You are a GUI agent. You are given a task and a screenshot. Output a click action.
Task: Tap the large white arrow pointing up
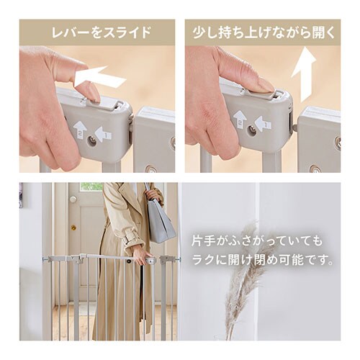tap(305, 76)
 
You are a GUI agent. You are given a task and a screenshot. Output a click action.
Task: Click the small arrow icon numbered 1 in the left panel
tap(104, 134)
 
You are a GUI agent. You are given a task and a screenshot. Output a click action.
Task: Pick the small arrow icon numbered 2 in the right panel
tap(240, 117)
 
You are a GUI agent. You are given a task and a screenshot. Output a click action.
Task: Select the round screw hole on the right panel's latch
tap(252, 131)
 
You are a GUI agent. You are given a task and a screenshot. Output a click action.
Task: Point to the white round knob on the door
tap(73, 199)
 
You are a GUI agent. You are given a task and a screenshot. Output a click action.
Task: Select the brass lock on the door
tap(73, 228)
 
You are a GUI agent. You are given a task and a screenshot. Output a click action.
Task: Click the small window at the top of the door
tap(91, 186)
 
